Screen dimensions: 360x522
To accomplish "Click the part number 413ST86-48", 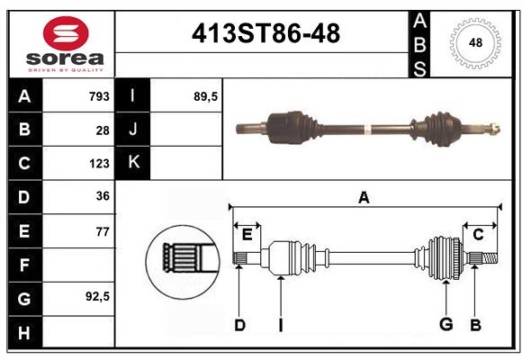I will pos(266,34).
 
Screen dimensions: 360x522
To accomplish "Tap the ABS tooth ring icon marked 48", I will pos(473,42).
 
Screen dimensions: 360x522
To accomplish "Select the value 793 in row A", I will pos(99,96).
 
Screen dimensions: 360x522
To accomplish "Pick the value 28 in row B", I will pos(103,130).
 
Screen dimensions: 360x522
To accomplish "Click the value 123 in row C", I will pos(99,164).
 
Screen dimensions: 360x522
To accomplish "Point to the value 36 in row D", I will pos(103,196).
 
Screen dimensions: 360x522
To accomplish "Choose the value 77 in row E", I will pos(103,231).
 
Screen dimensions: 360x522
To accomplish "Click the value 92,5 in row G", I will pos(96,296).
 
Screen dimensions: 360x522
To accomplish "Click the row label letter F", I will pos(24,265).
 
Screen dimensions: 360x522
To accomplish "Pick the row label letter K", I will pos(133,163).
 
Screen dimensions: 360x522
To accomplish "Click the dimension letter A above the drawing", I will pos(364,198).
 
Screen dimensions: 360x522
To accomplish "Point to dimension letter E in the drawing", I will pos(247,235).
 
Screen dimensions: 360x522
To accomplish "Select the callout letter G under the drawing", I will pos(445,325).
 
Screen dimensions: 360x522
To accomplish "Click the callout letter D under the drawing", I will pos(239,325).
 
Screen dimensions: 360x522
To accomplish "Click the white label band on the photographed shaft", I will pos(367,130).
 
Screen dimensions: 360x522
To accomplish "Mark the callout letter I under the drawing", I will pos(280,325).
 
